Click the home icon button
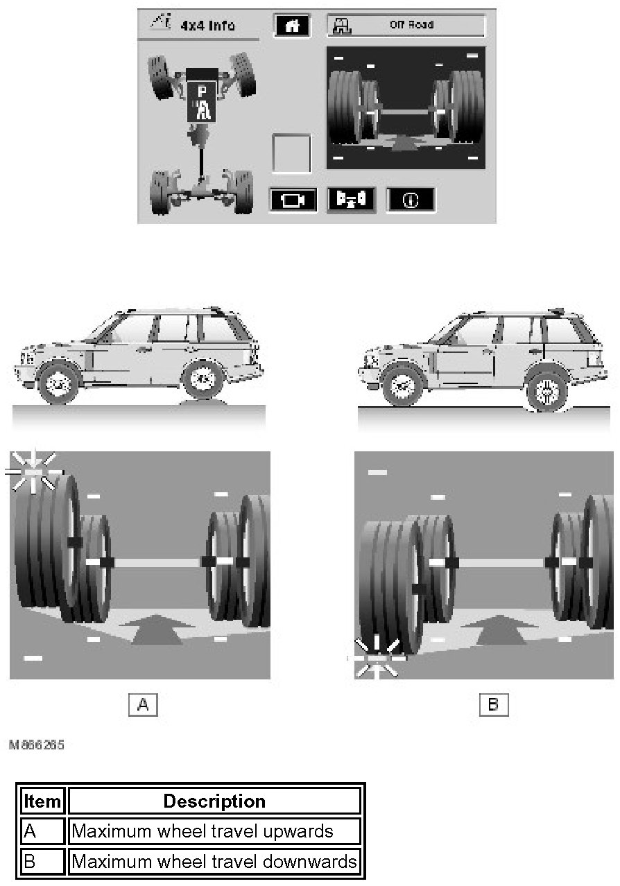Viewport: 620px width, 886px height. point(292,26)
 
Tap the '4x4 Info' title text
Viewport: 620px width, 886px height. point(208,26)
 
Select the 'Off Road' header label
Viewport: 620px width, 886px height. point(411,25)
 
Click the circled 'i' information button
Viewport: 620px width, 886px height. point(411,200)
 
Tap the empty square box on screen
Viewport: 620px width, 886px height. point(291,154)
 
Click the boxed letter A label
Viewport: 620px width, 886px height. point(143,704)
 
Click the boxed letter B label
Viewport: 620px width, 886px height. point(493,704)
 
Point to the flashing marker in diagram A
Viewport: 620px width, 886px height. point(34,472)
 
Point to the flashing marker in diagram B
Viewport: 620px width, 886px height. point(376,658)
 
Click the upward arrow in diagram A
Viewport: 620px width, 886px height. point(157,629)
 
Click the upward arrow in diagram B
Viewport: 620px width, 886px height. point(500,629)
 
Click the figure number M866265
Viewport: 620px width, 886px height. point(36,745)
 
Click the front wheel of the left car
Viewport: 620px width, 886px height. point(58,383)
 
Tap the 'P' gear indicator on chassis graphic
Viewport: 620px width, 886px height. point(202,92)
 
